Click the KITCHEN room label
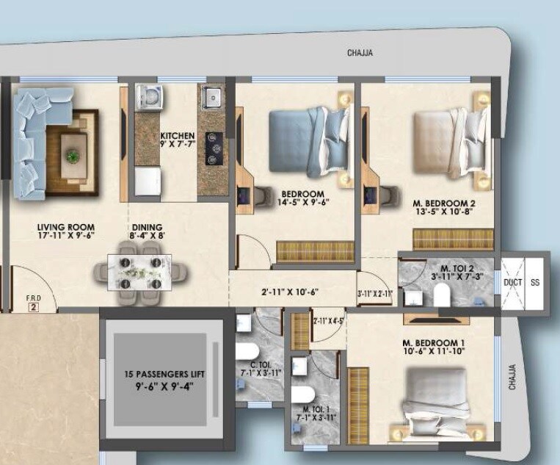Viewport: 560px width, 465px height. [x=177, y=136]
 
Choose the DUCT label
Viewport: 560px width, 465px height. [x=513, y=281]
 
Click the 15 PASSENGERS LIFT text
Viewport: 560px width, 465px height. [x=159, y=373]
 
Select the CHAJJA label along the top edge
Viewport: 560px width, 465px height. [x=360, y=53]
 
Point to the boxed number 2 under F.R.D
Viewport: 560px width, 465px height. [x=32, y=308]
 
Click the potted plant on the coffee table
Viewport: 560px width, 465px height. [x=72, y=155]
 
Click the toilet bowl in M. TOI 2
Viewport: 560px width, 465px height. [x=441, y=295]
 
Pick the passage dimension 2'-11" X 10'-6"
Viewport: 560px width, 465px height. [x=294, y=291]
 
